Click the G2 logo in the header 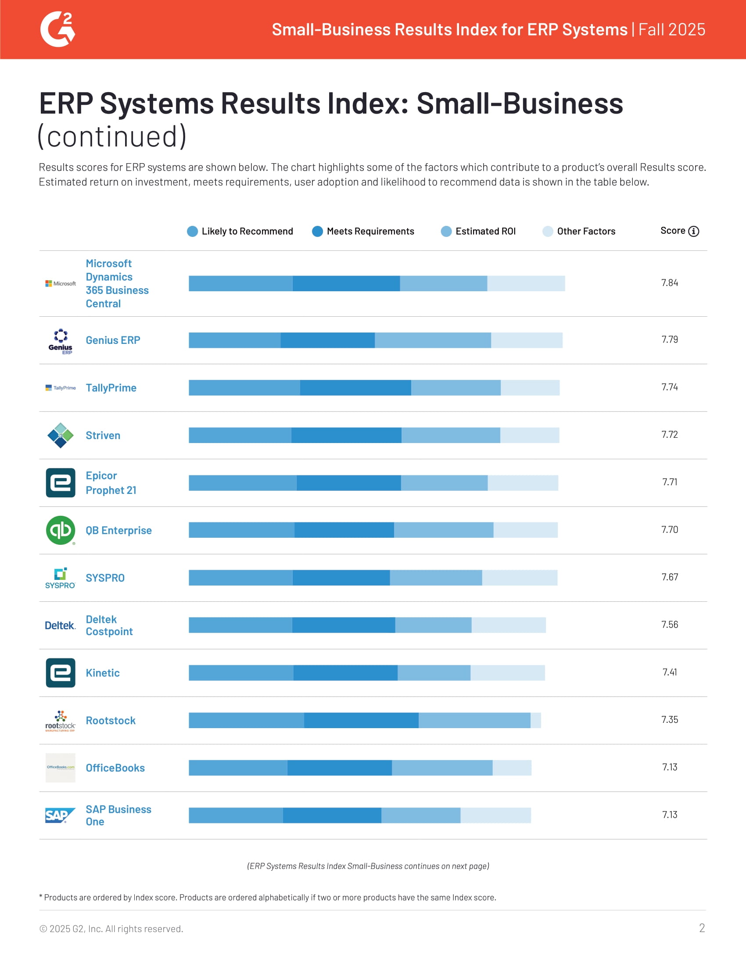(57, 29)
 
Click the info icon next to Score (693, 231)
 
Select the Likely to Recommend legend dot (192, 231)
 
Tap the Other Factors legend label (585, 231)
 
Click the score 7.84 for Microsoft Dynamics (669, 283)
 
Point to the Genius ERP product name (113, 340)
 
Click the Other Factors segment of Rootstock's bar (535, 720)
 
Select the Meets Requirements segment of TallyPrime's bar (355, 387)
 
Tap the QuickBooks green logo (61, 530)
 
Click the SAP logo (60, 815)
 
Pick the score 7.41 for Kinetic (669, 672)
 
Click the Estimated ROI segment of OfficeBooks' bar (442, 768)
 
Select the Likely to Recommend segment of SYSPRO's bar (240, 578)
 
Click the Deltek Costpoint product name (109, 625)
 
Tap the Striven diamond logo (61, 435)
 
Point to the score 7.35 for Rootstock (669, 720)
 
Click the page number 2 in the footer (701, 928)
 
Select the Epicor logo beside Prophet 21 (61, 482)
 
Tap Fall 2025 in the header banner (671, 29)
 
